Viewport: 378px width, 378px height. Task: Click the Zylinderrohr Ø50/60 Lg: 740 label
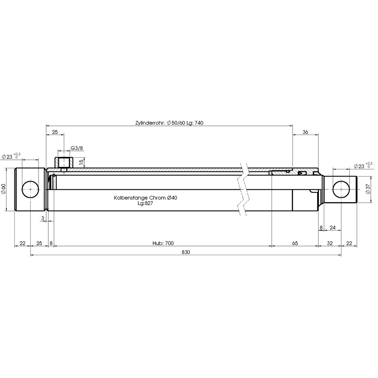[169, 123]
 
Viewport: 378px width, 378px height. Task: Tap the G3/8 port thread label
[77, 148]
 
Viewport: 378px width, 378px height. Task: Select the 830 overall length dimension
[186, 252]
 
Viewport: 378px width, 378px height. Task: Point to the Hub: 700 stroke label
[163, 243]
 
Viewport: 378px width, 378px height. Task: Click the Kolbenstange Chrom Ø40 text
[146, 198]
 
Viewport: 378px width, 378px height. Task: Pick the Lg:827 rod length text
[146, 203]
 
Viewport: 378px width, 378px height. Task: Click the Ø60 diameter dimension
[3, 189]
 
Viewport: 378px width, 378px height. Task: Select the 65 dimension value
[295, 243]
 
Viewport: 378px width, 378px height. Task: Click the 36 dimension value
[305, 132]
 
